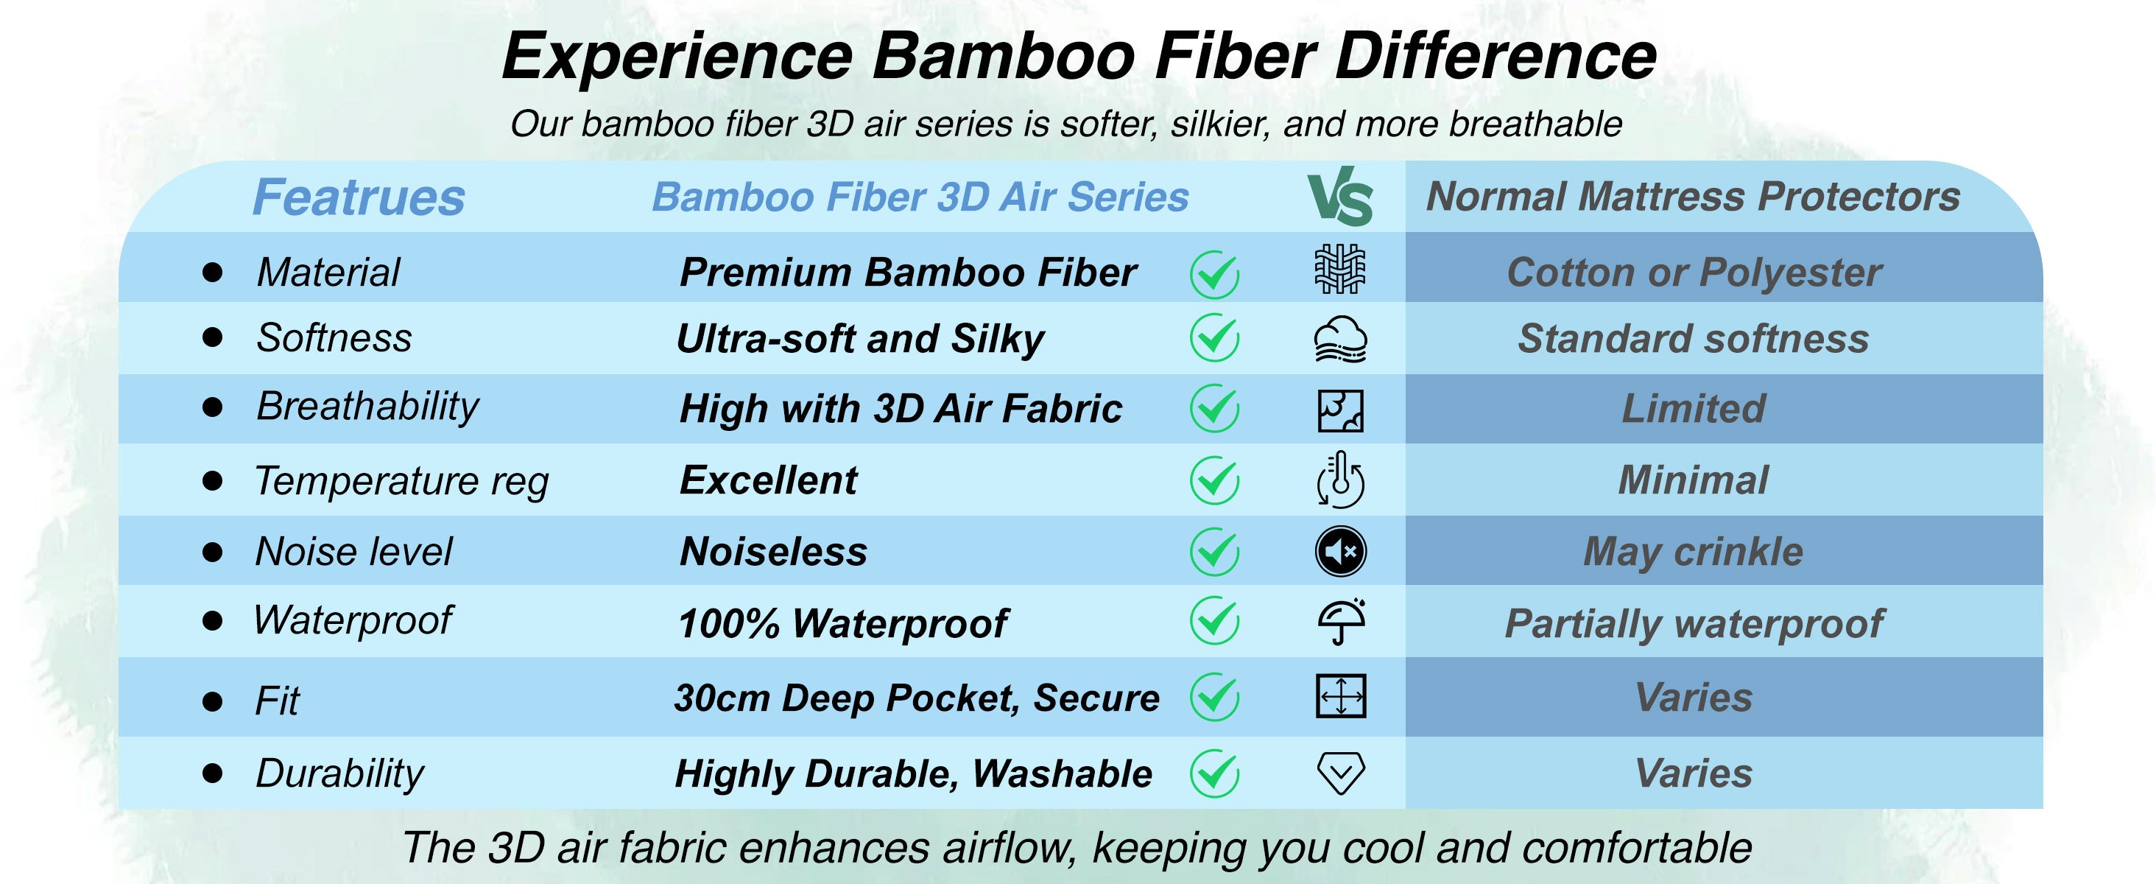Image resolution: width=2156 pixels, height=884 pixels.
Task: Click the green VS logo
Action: tap(1340, 197)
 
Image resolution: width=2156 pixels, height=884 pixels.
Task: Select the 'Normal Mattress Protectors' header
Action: tap(1693, 197)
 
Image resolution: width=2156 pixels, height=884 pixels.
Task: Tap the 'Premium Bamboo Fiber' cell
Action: tap(908, 272)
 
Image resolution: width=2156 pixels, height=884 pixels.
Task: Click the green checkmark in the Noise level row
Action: tap(1214, 552)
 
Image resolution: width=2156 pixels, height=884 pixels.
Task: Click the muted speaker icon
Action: tap(1341, 552)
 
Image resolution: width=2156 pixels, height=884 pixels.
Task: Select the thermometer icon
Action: tap(1341, 480)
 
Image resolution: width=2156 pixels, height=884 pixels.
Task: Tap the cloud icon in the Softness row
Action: tap(1341, 339)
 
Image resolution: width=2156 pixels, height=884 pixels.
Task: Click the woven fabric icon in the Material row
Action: tap(1340, 270)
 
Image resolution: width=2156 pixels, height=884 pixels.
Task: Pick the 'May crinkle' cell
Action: tap(1693, 552)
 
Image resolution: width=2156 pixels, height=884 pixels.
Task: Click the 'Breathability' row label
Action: tap(367, 407)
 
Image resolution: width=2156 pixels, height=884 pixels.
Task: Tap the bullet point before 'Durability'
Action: tap(213, 773)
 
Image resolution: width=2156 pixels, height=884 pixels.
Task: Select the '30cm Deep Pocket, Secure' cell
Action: tap(917, 698)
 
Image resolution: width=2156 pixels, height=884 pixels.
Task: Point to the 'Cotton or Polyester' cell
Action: tap(1694, 273)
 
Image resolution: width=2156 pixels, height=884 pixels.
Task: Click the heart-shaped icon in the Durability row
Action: tap(1341, 773)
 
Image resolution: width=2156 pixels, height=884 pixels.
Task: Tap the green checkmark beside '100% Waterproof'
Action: tap(1214, 620)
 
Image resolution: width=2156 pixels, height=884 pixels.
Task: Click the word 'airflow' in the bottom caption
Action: tap(1009, 847)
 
